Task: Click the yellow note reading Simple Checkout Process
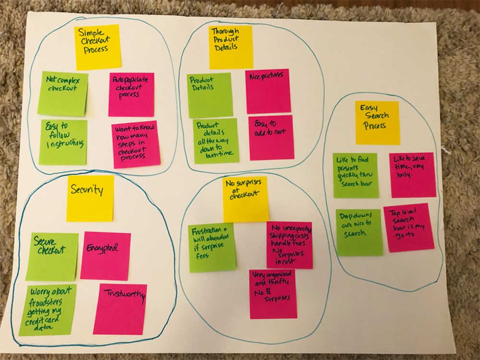click(98, 47)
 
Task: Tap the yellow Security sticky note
click(90, 198)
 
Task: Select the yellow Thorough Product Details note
click(231, 47)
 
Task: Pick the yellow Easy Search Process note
click(377, 123)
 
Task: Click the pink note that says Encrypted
click(105, 256)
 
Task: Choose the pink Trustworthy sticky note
click(120, 309)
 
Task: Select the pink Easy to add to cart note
click(271, 137)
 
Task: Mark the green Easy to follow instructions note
click(63, 142)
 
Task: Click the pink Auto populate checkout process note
click(131, 95)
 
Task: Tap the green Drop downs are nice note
click(359, 232)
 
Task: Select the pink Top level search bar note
click(408, 228)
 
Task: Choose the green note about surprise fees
click(212, 247)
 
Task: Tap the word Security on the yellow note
click(87, 190)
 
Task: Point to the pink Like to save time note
click(412, 175)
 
